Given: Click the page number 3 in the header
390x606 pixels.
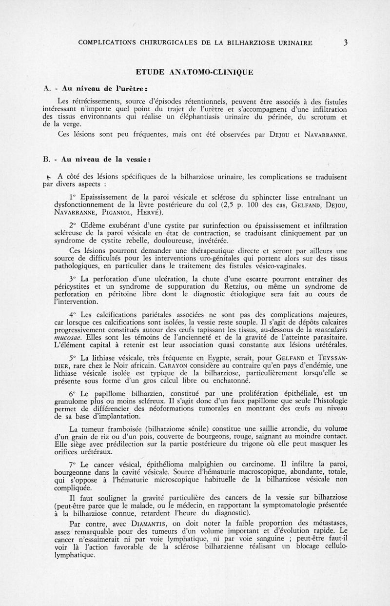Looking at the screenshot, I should tap(345, 42).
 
